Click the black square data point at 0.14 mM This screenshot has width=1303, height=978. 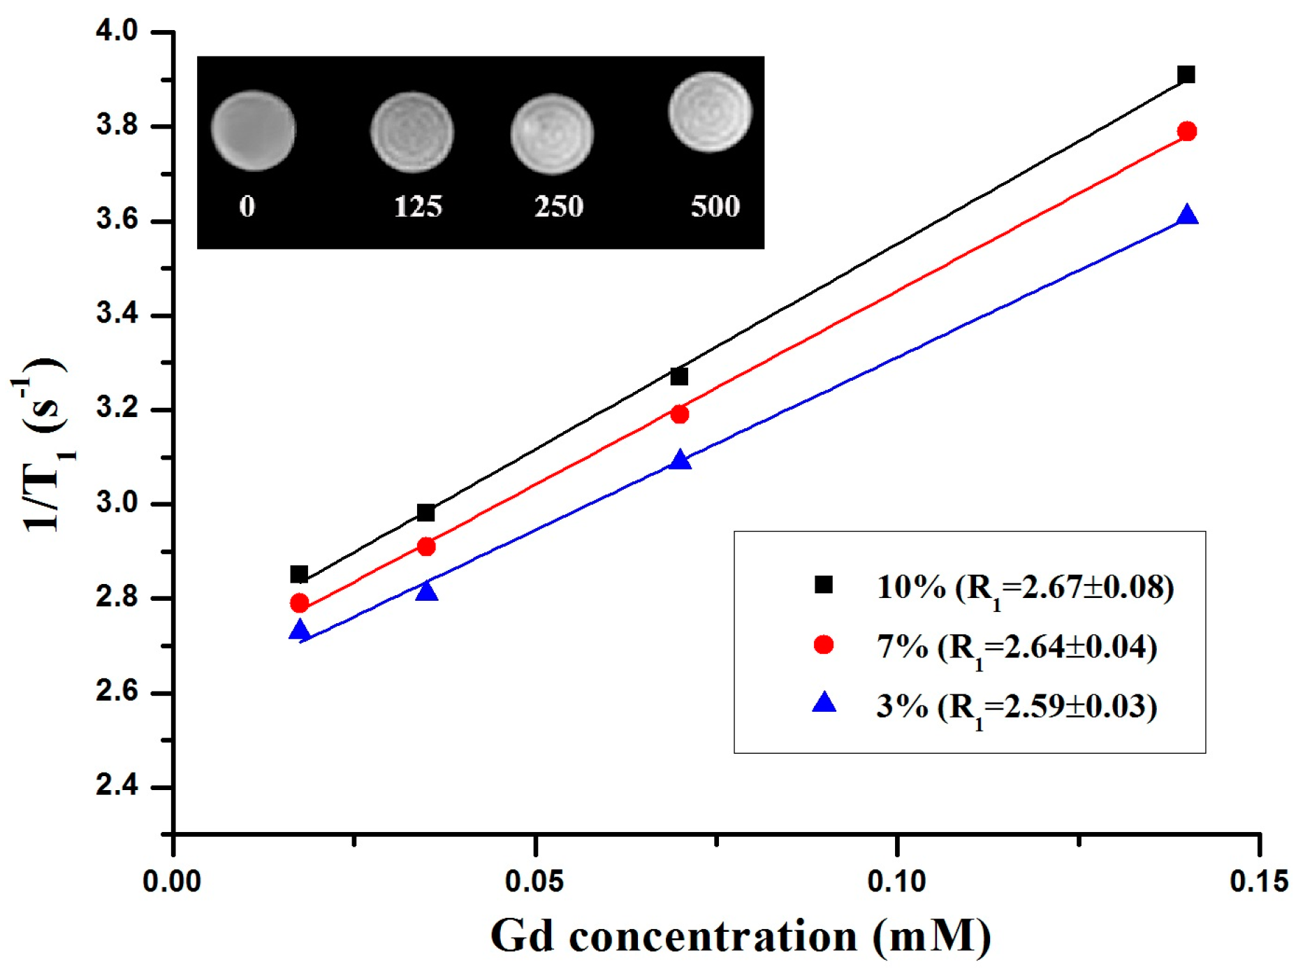[x=1186, y=75]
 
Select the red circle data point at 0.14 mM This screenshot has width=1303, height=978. [x=1186, y=131]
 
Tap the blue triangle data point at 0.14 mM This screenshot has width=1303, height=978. [x=1187, y=216]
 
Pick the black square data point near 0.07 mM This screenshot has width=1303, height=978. [x=679, y=377]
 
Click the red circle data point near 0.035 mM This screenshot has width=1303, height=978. [x=425, y=546]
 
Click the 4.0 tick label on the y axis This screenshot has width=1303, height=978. [x=117, y=31]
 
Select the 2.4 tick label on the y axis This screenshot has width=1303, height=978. [x=117, y=787]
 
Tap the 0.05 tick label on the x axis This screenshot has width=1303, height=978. [x=534, y=882]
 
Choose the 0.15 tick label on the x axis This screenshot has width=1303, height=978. [x=1258, y=882]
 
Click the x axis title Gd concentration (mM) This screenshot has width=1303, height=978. [x=741, y=936]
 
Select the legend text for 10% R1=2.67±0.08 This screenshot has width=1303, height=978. [x=1025, y=587]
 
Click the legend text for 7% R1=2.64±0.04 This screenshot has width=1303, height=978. [x=1017, y=648]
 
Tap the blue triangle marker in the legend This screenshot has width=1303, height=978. [x=824, y=703]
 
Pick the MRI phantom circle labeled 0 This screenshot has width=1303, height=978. [x=253, y=131]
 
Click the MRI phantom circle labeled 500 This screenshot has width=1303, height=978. [x=710, y=112]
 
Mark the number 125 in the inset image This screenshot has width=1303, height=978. [x=417, y=207]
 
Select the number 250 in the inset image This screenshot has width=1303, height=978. [x=558, y=207]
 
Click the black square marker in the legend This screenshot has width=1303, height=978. [x=824, y=584]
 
